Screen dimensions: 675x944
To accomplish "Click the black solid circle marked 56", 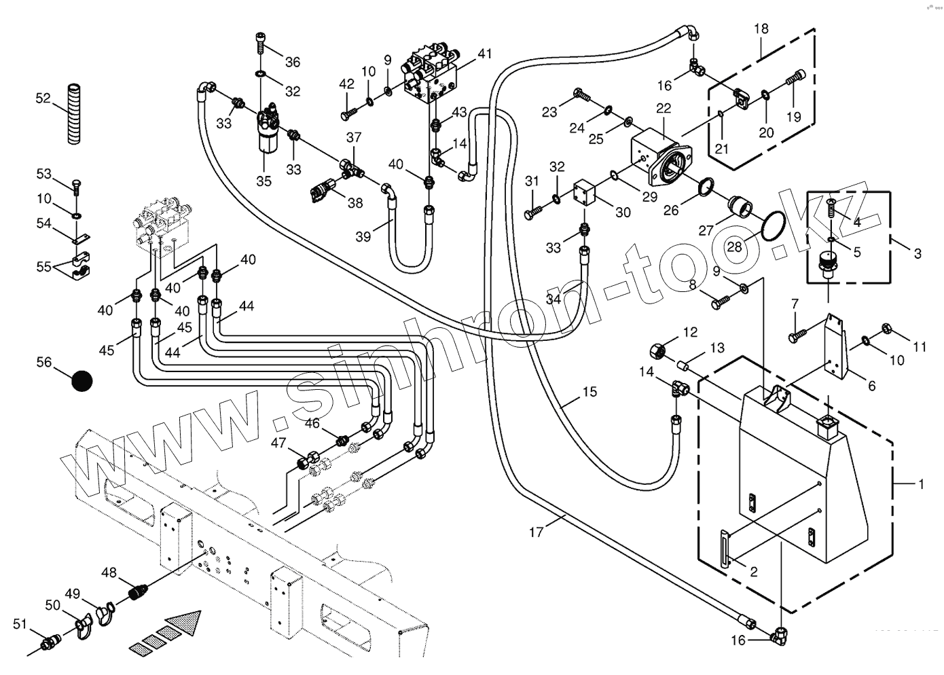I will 82,380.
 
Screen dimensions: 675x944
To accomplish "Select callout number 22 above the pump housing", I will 664,109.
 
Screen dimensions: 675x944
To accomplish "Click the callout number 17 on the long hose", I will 537,532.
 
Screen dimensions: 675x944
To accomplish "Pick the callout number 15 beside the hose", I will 589,392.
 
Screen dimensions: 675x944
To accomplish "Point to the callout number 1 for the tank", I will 921,485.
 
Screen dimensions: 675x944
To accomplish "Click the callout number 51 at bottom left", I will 20,624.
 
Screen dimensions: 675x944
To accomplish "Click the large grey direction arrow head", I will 187,621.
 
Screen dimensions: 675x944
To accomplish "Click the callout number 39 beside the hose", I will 364,236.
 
